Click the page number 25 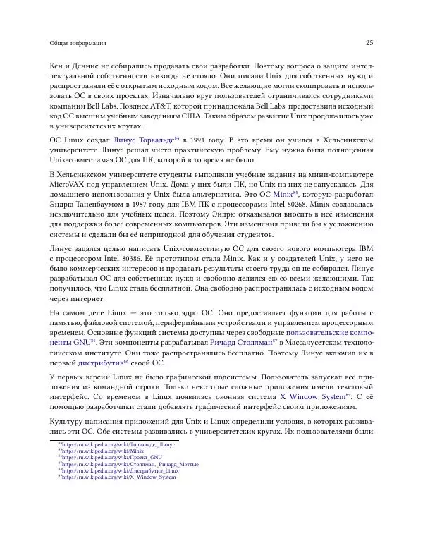[369, 44]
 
